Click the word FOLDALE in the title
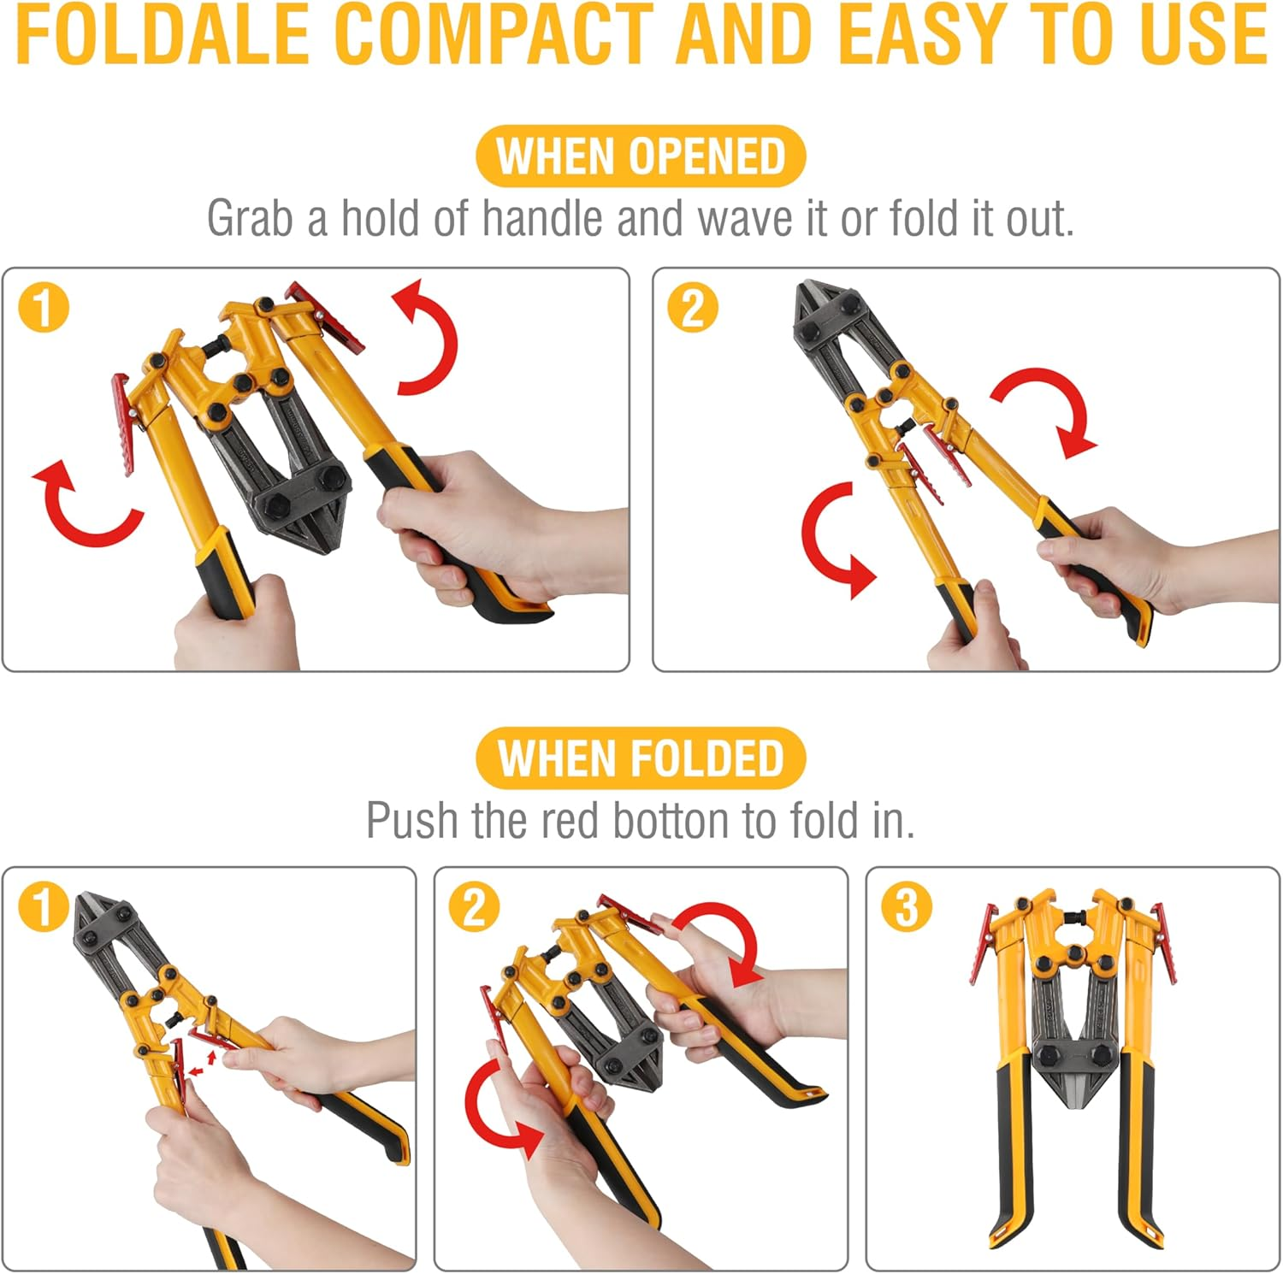[163, 34]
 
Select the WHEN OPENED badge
[641, 156]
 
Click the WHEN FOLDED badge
[641, 758]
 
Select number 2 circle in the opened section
[692, 309]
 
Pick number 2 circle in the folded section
[474, 907]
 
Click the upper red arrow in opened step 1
[428, 338]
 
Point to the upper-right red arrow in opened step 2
[1048, 410]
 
